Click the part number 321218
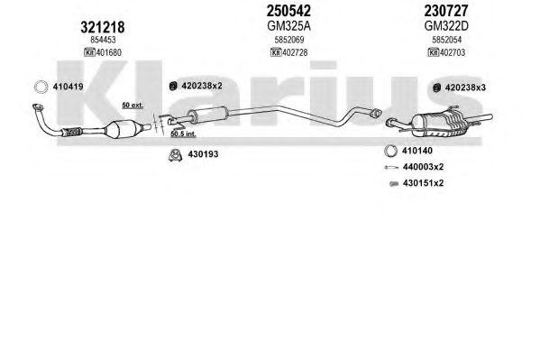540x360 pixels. coord(102,27)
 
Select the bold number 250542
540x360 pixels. coord(288,11)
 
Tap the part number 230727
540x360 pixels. coord(446,11)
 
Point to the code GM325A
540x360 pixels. coord(288,26)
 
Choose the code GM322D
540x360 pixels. coord(446,26)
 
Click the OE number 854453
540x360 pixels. coord(103,40)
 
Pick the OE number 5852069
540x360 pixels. coord(289,40)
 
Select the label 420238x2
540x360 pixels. coord(202,86)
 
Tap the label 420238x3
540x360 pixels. coord(465,88)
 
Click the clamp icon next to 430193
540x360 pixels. coord(176,155)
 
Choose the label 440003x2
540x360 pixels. coord(423,167)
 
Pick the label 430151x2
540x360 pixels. coord(423,183)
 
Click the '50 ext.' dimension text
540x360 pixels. coord(133,106)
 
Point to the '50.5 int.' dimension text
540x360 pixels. coord(183,134)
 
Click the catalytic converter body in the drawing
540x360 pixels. coord(123,129)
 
